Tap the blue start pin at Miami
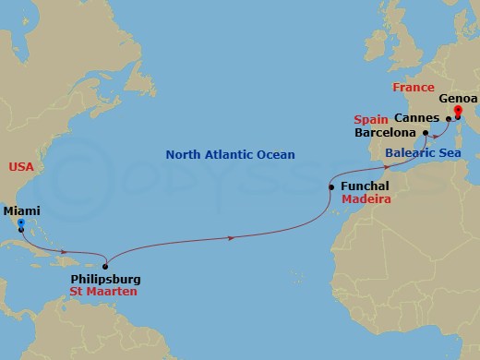pyautogui.click(x=20, y=222)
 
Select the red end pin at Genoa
pyautogui.click(x=458, y=113)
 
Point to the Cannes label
pyautogui.click(x=416, y=118)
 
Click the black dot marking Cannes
pyautogui.click(x=448, y=118)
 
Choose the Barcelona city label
pyautogui.click(x=387, y=133)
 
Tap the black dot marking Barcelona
pyautogui.click(x=426, y=133)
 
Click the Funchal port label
pyautogui.click(x=365, y=186)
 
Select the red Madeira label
pyautogui.click(x=364, y=199)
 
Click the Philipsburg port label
pyautogui.click(x=106, y=278)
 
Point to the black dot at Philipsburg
pyautogui.click(x=106, y=266)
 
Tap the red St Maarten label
pyautogui.click(x=103, y=292)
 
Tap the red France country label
pyautogui.click(x=413, y=88)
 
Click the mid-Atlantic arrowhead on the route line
pyautogui.click(x=231, y=238)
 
